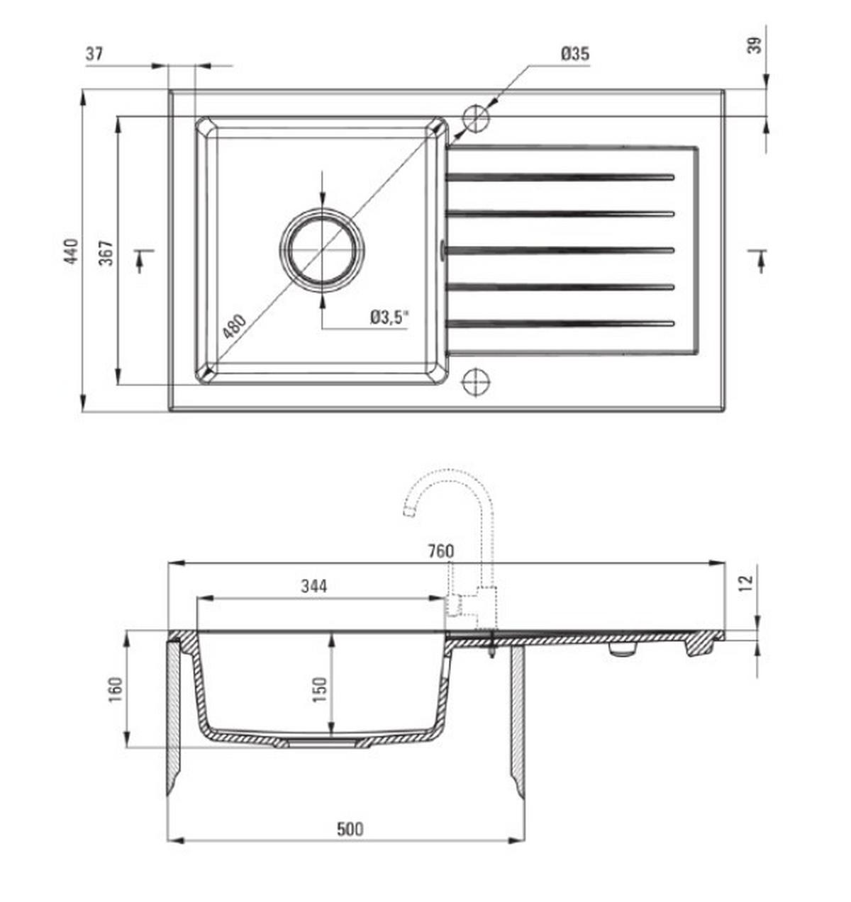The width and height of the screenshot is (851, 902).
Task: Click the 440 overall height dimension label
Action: tap(72, 251)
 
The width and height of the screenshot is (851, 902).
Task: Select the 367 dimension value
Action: tap(106, 253)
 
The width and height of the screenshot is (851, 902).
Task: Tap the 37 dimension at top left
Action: tap(94, 54)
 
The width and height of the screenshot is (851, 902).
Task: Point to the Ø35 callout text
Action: tap(575, 54)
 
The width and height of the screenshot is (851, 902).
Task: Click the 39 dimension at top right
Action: tap(755, 45)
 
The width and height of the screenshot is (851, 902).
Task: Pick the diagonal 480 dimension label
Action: tap(235, 326)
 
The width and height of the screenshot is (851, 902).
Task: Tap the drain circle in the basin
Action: tap(322, 250)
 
